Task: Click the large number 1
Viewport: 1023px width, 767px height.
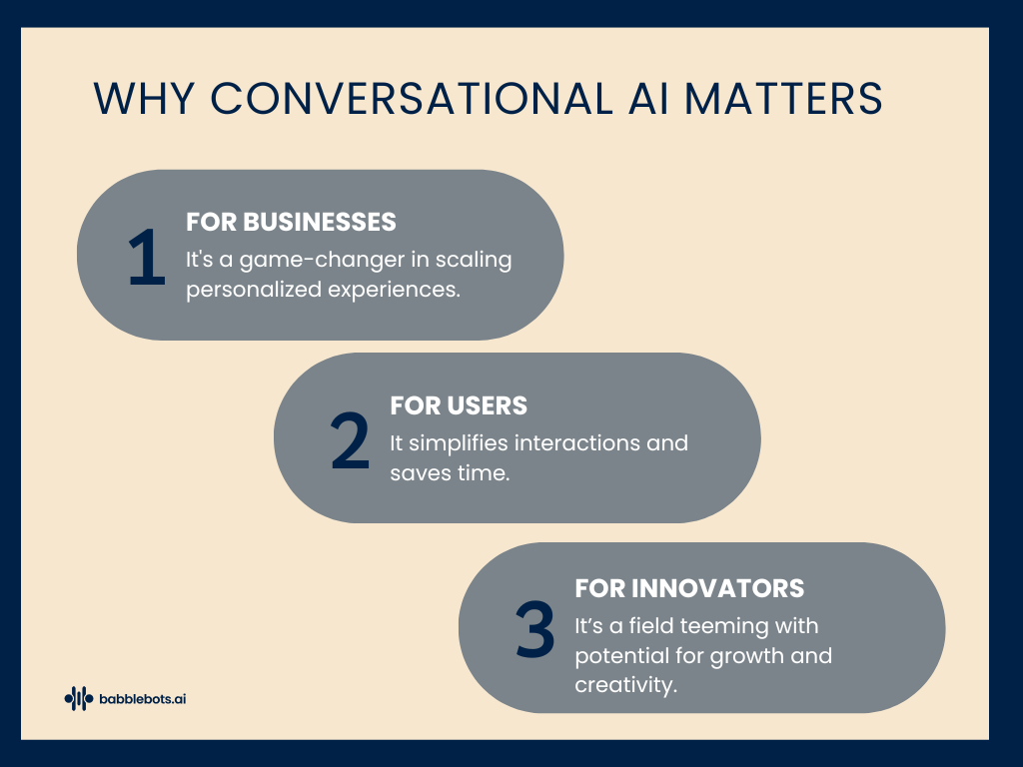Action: click(x=147, y=258)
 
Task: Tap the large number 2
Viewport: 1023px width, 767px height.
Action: click(x=350, y=440)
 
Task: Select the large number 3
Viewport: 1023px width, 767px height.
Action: click(x=535, y=629)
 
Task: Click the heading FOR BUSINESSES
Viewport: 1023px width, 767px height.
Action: click(x=291, y=222)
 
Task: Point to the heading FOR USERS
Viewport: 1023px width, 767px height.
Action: click(x=459, y=405)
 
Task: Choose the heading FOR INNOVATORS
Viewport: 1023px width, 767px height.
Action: click(x=689, y=588)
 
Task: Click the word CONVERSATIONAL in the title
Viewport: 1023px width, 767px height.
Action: click(x=412, y=99)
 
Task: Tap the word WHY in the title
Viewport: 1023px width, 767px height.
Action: click(x=144, y=99)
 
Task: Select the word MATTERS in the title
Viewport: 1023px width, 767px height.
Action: click(x=783, y=99)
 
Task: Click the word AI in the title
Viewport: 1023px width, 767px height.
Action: click(x=648, y=99)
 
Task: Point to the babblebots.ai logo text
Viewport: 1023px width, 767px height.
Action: click(x=142, y=699)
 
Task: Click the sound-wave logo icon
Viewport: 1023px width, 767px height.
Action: click(x=79, y=698)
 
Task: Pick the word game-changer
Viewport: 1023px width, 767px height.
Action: click(x=322, y=261)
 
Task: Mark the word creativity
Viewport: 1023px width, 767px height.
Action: click(x=625, y=685)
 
